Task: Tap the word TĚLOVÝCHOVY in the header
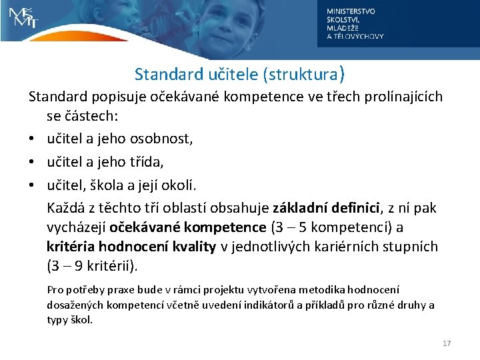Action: (360, 37)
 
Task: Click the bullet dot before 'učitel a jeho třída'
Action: (33, 161)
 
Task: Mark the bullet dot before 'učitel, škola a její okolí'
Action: (33, 183)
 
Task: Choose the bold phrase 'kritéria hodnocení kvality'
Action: (131, 247)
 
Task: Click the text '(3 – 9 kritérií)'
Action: (93, 267)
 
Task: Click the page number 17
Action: (447, 343)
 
